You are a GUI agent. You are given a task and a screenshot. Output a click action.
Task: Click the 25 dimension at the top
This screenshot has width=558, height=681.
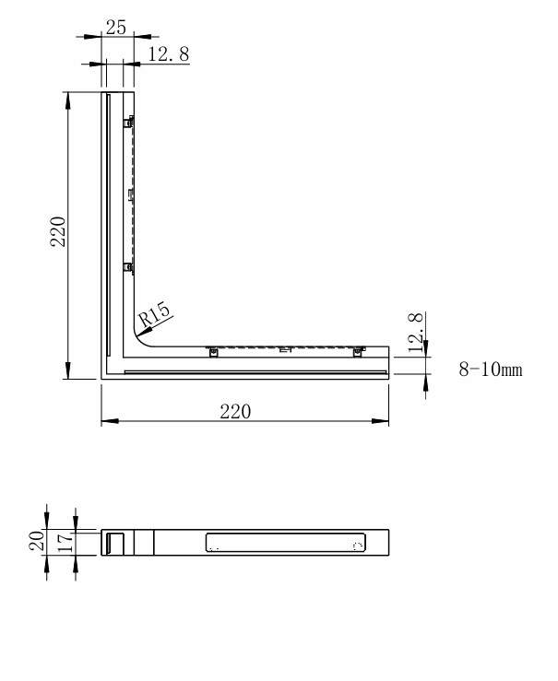tap(116, 28)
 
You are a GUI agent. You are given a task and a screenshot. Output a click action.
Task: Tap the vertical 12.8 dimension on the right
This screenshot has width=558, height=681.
tap(416, 333)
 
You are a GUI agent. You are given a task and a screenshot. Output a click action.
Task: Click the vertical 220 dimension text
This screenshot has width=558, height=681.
tap(57, 234)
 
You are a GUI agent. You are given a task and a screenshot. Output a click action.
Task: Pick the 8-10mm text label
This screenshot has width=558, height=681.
tap(491, 370)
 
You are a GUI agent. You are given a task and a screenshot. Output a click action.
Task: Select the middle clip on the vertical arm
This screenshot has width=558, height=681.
tap(130, 194)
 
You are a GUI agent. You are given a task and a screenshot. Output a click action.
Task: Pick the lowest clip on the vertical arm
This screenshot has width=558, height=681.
tap(129, 267)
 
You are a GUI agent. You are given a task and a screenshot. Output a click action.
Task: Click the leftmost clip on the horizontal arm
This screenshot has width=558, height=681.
tap(212, 350)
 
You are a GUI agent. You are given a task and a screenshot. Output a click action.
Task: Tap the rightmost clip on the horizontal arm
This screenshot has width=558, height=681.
tap(358, 350)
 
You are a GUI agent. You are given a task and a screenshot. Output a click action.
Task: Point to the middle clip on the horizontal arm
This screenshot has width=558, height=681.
tap(285, 350)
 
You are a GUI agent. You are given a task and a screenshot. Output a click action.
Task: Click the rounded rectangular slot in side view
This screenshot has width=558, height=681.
tap(285, 542)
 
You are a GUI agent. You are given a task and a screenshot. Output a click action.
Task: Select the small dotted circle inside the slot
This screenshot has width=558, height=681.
tap(358, 546)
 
